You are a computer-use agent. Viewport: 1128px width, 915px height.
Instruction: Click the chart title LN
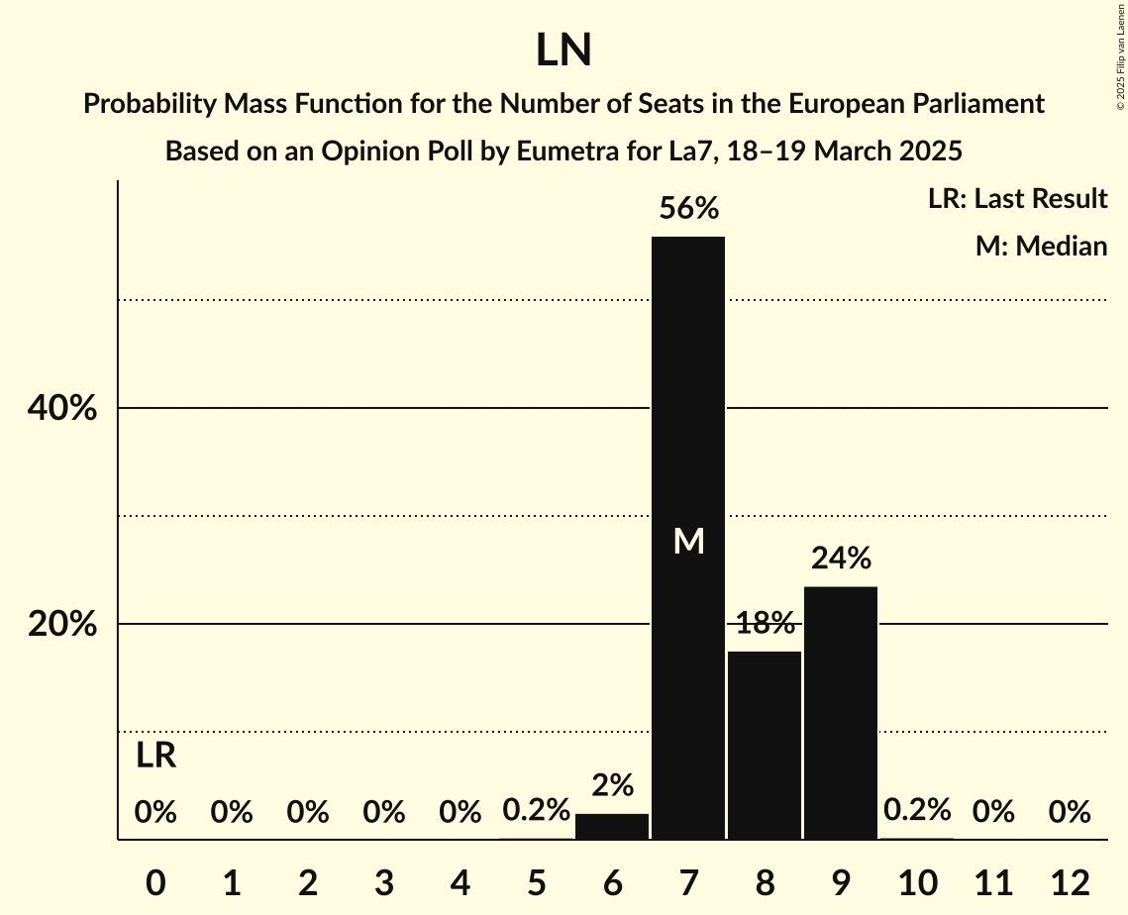point(564,51)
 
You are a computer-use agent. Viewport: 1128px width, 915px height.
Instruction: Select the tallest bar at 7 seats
point(688,396)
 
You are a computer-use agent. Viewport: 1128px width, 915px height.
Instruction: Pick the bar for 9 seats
point(841,713)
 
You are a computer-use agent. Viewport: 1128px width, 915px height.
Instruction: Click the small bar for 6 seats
point(612,827)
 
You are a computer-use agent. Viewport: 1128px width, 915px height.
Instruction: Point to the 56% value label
point(689,209)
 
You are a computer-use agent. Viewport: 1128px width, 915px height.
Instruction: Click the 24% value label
point(841,559)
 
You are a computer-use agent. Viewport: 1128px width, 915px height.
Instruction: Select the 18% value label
point(765,623)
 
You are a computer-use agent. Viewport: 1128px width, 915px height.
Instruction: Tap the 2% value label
point(612,785)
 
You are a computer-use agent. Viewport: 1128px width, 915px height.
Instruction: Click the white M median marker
point(688,541)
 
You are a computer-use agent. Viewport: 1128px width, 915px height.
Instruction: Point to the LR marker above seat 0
point(155,757)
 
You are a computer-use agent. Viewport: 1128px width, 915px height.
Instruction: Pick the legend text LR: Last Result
point(1017,199)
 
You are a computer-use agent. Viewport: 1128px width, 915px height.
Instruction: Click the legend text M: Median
point(1041,246)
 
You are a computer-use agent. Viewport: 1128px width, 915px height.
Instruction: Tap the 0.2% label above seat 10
point(917,810)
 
